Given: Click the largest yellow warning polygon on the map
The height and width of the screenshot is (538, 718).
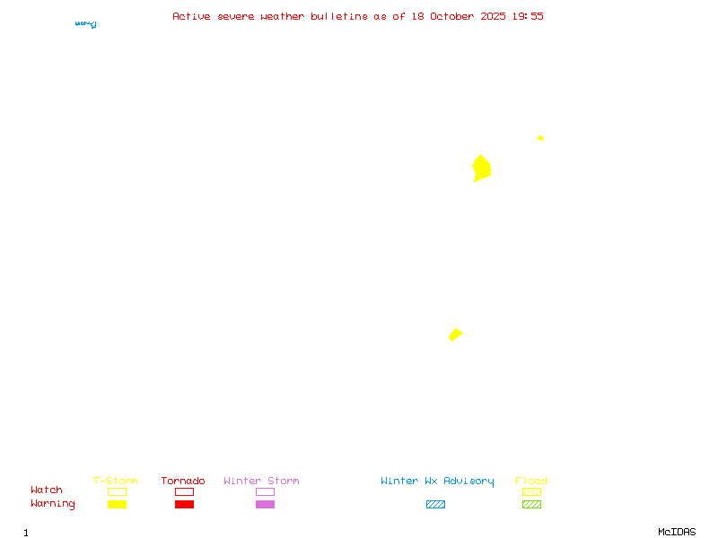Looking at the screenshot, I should (482, 169).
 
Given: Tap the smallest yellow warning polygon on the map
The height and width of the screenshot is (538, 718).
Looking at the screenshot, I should (540, 138).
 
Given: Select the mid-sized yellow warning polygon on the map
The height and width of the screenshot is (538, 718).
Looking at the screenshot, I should (455, 334).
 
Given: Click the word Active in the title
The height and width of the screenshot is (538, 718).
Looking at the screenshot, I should (192, 16).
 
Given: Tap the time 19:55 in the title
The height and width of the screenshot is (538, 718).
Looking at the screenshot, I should (528, 16).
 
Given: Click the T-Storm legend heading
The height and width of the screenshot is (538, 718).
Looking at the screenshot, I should (116, 482).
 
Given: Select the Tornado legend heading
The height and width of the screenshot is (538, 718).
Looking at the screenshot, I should (183, 482).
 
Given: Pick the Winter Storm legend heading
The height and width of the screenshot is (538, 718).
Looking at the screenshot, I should (261, 482).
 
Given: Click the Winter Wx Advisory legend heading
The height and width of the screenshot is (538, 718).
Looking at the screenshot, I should (437, 482).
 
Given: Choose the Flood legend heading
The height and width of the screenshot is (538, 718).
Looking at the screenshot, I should (531, 482).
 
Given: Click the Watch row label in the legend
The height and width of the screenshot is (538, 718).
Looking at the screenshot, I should (47, 490).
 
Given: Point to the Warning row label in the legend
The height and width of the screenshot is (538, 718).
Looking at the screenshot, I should (53, 504).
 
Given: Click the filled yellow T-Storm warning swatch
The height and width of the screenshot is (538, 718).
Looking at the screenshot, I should (117, 505).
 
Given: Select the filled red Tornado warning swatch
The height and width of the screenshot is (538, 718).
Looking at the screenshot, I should (184, 505).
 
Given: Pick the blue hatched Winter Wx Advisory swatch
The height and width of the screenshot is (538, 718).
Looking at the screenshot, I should (435, 505).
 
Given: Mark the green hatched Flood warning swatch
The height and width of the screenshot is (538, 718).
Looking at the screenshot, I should (531, 505).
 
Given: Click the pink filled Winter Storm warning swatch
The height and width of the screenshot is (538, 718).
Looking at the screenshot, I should (265, 505).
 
